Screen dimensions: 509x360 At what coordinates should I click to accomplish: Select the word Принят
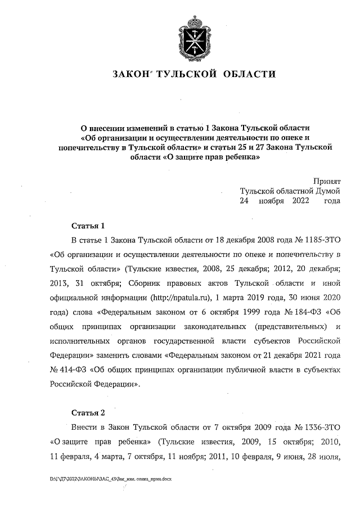(x=326, y=181)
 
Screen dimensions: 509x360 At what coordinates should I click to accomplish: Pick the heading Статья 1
(x=88, y=226)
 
